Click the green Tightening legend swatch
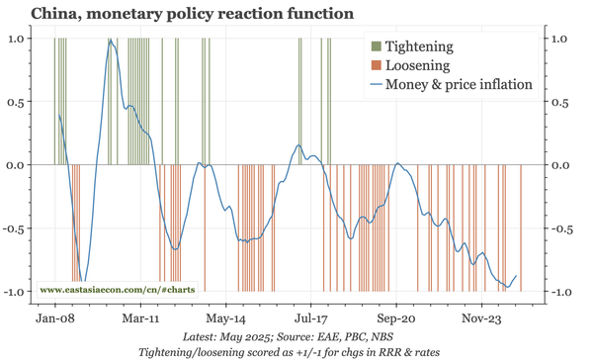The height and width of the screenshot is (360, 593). click(x=375, y=46)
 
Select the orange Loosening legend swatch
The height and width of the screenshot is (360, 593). click(x=375, y=65)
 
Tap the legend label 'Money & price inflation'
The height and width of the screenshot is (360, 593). click(x=460, y=84)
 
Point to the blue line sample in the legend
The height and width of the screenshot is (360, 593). click(x=375, y=84)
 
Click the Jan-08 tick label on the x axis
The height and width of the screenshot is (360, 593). click(x=55, y=319)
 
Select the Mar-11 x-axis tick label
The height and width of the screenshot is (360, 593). click(x=140, y=319)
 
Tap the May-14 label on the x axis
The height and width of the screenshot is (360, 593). click(x=225, y=319)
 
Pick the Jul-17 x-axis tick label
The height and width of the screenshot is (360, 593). click(x=310, y=319)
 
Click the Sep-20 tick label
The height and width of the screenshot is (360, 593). click(x=395, y=319)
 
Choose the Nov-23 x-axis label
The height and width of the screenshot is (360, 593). click(x=480, y=319)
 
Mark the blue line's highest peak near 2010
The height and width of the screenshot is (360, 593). click(x=112, y=42)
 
